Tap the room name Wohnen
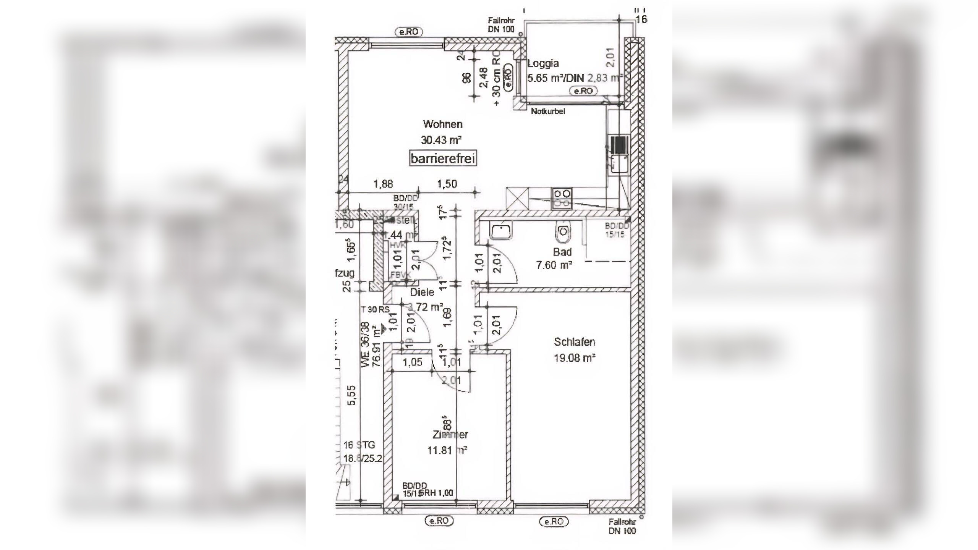coord(442,124)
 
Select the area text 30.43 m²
coord(441,140)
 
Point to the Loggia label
coord(543,63)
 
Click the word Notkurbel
coord(548,111)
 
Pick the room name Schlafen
coord(574,342)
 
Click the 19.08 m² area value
coord(575,358)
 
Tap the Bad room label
coord(562,252)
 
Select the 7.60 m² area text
coord(554,265)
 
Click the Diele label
coord(422,292)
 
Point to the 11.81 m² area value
coord(447,450)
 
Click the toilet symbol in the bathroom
coord(563,232)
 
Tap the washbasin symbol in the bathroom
coord(501,230)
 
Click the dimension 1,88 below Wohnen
coord(383,184)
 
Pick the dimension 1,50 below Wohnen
coord(447,184)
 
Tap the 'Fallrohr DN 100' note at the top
coord(501,25)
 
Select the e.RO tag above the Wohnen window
coord(408,32)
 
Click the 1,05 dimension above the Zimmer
coord(413,362)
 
